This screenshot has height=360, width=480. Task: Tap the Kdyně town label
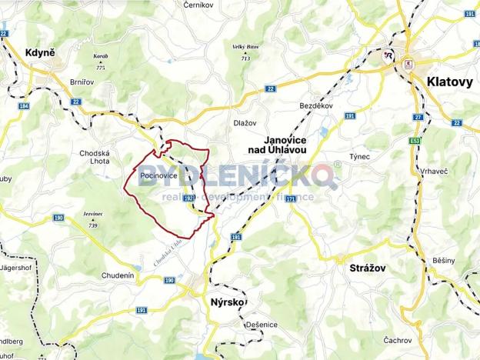39,52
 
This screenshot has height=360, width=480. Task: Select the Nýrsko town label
227,302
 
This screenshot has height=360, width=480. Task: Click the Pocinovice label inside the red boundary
158,176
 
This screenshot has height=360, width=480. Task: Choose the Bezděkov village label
315,106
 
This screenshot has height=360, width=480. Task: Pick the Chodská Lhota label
96,157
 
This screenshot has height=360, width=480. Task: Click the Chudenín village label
118,275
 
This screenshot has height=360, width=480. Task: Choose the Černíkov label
199,5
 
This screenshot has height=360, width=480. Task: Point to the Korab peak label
100,56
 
